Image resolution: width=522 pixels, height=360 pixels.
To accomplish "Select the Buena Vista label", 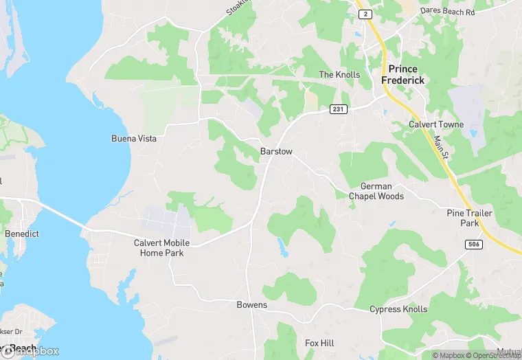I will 134,139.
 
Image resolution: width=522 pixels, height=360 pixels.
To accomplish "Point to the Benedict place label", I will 22,234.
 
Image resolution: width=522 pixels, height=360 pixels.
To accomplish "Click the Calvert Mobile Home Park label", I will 162,248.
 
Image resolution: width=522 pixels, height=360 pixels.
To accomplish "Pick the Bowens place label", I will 251,305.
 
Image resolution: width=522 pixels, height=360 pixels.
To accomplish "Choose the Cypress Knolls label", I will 398,309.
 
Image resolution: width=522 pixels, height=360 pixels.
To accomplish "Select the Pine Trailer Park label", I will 469,218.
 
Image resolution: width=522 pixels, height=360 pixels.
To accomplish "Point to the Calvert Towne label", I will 436,124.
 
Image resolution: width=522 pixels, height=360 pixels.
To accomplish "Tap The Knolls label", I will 339,74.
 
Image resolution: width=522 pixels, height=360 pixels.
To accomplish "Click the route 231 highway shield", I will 338,109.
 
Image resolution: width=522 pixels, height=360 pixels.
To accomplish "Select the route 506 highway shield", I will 473,245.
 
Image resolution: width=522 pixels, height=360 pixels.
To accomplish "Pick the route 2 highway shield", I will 365,14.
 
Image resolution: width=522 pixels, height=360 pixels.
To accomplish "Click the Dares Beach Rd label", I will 449,12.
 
